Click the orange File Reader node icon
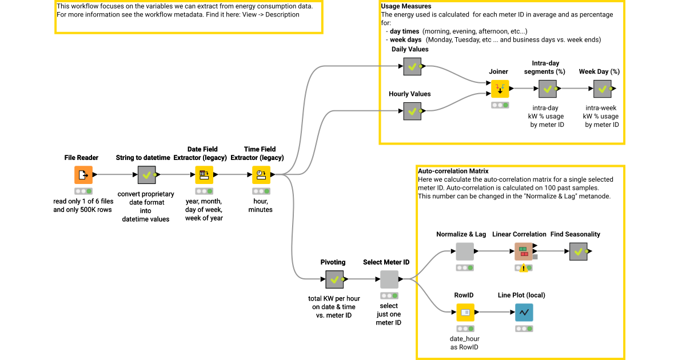(83, 175)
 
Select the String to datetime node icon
(146, 175)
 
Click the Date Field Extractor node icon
(204, 175)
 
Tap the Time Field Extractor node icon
(261, 175)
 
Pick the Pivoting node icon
(334, 279)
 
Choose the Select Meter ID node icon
(389, 279)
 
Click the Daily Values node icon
(412, 66)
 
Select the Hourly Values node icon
(412, 111)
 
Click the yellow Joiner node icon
(500, 89)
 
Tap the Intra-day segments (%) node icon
(548, 89)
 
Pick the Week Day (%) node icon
(602, 89)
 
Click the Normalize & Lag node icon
(465, 251)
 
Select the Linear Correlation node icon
(523, 251)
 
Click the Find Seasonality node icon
(578, 251)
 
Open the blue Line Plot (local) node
(524, 313)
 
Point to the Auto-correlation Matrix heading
(453, 171)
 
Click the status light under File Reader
(83, 191)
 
